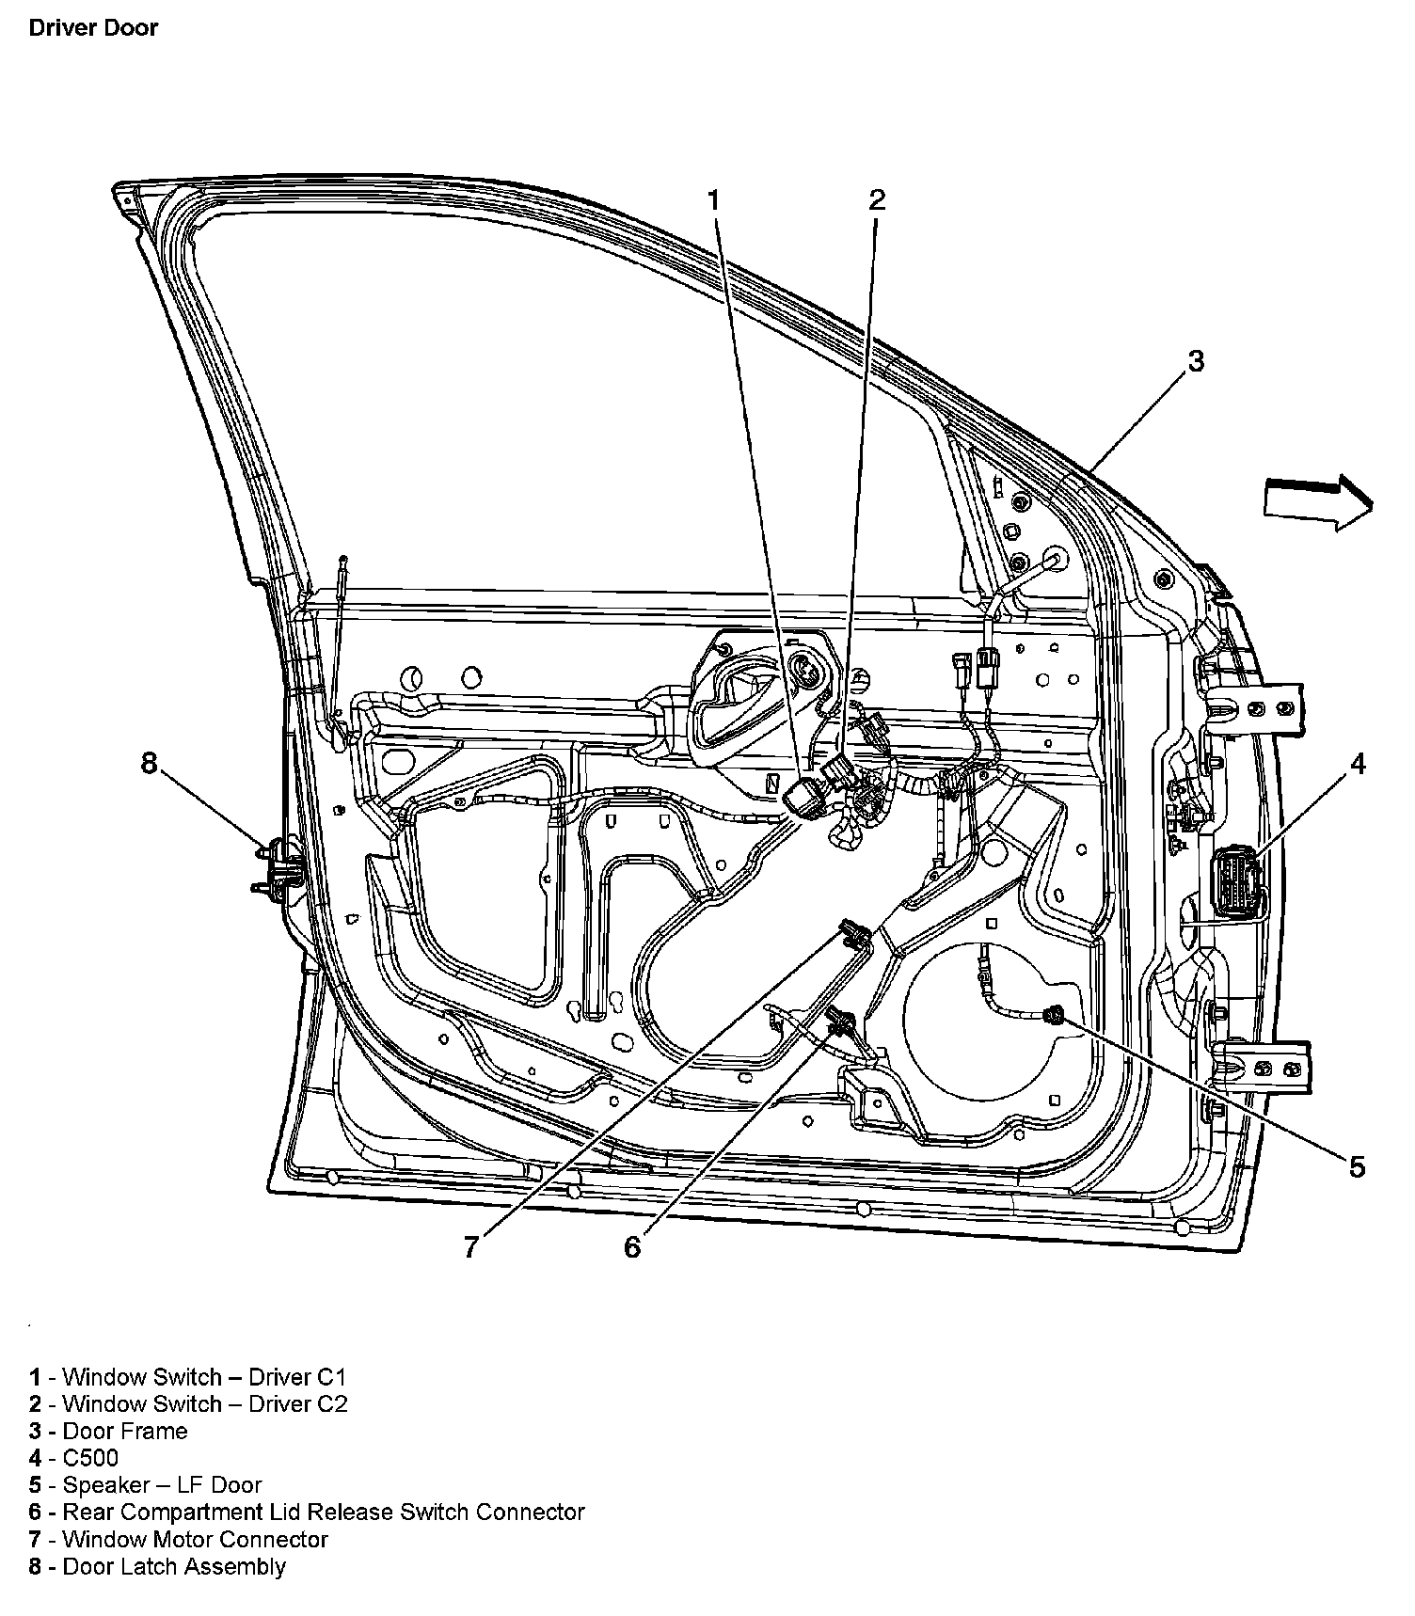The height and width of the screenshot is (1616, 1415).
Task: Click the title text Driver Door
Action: (93, 27)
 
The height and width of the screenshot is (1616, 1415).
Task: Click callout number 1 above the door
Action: (713, 199)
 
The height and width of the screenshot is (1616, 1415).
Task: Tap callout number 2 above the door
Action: (877, 198)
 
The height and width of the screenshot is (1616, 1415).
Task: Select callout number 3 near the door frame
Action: (1195, 360)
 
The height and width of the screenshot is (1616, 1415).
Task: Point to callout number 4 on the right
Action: (1358, 764)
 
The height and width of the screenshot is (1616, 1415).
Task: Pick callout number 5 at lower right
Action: (1357, 1166)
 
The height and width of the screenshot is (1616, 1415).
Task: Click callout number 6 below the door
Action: (632, 1246)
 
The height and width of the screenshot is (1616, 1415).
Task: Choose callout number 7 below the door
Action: (471, 1246)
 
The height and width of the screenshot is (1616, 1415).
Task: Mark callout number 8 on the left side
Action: (149, 763)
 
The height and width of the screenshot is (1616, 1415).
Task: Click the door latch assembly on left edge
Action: (278, 865)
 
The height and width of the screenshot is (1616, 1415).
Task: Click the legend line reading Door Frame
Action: (108, 1431)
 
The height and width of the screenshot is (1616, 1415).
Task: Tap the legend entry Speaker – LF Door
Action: (145, 1484)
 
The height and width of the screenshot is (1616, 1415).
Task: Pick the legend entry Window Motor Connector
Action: (178, 1539)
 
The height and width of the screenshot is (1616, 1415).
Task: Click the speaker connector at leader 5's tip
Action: (1056, 1014)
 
